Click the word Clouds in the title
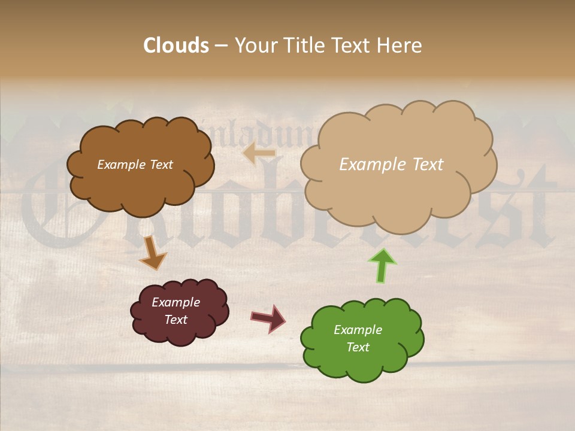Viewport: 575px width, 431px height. coord(176,45)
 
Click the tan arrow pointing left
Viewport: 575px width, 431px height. coord(259,154)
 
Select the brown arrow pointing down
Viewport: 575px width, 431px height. coord(153,253)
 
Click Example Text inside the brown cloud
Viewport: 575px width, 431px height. coord(135,165)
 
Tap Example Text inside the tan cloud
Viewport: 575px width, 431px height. coord(391,165)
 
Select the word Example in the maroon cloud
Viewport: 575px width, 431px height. coord(175,302)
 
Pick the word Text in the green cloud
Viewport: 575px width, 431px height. coord(358,347)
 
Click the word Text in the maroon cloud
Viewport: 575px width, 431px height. coord(175,320)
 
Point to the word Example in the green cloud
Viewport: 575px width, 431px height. coord(358,330)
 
